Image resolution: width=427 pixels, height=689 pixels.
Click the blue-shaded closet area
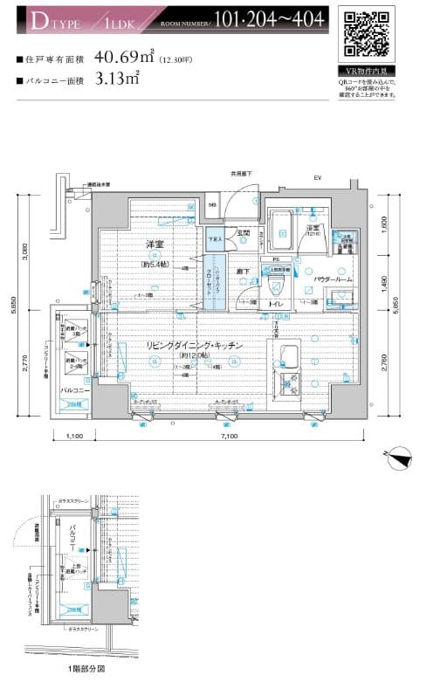click(216, 279)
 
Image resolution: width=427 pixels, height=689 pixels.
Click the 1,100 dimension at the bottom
click(74, 436)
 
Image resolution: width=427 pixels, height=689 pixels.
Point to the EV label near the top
click(318, 179)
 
